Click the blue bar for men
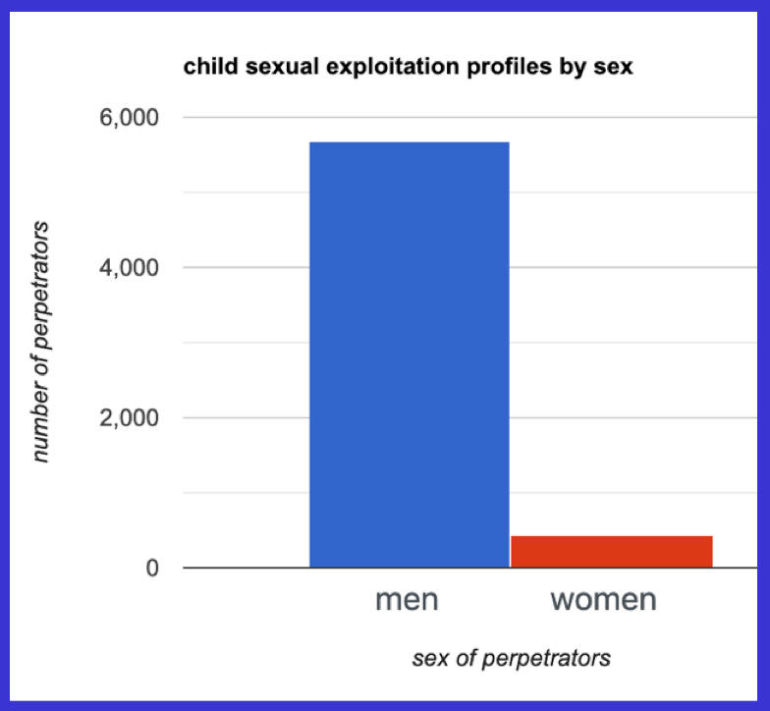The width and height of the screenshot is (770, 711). [409, 355]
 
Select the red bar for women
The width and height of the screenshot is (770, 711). [611, 551]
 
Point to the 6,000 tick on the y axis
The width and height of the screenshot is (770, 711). [132, 118]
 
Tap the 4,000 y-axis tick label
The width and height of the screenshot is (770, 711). [132, 268]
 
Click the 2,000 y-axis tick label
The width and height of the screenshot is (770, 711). [132, 418]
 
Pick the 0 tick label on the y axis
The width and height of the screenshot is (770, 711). [152, 569]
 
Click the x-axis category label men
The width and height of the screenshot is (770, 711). [408, 599]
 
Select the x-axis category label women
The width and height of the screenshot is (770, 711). [603, 599]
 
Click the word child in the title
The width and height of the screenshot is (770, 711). [204, 69]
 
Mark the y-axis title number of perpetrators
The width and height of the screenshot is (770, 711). [39, 342]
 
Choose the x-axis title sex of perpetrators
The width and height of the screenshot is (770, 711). [511, 657]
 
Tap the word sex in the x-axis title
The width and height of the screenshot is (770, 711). [428, 657]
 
